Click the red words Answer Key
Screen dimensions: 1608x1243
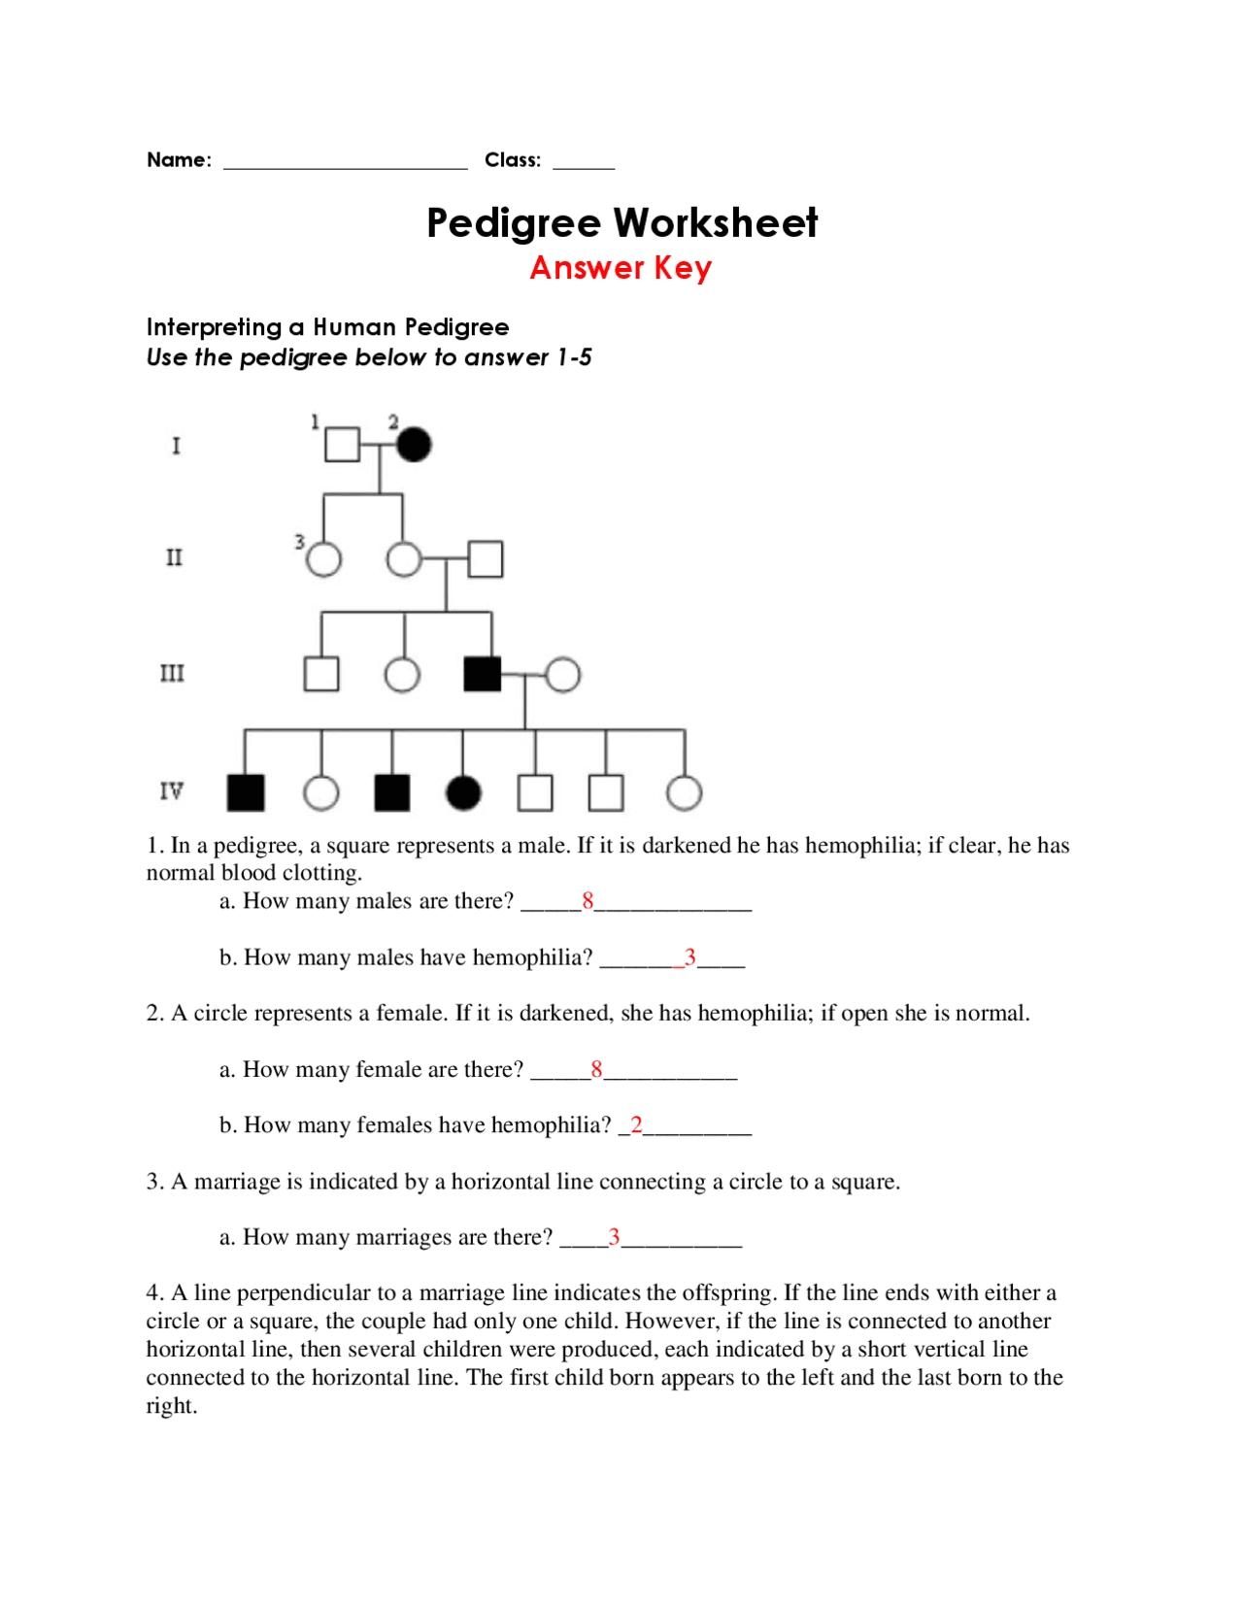tap(621, 268)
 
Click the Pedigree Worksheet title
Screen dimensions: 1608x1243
tap(621, 222)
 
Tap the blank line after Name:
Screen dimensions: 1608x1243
tap(345, 164)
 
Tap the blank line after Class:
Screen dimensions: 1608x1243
tap(584, 164)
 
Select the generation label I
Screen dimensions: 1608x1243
tap(176, 446)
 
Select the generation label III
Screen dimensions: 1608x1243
tap(172, 673)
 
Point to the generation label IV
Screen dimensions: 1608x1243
tap(171, 791)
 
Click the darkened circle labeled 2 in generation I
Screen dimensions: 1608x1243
tap(414, 445)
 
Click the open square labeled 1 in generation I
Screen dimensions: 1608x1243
tap(342, 445)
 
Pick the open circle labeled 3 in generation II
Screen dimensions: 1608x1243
tap(323, 559)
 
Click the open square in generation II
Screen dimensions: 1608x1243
tap(486, 559)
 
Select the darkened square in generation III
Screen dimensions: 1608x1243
tap(483, 674)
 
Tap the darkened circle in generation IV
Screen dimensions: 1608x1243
tap(463, 793)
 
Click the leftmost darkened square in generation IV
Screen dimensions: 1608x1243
tap(246, 793)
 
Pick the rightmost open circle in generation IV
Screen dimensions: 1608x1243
tap(685, 793)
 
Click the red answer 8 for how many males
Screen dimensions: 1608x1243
tap(588, 901)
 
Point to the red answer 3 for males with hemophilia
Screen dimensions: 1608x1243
tap(690, 957)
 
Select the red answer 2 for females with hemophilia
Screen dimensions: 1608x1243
tap(636, 1124)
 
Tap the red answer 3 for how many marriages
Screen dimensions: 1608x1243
tap(614, 1237)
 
